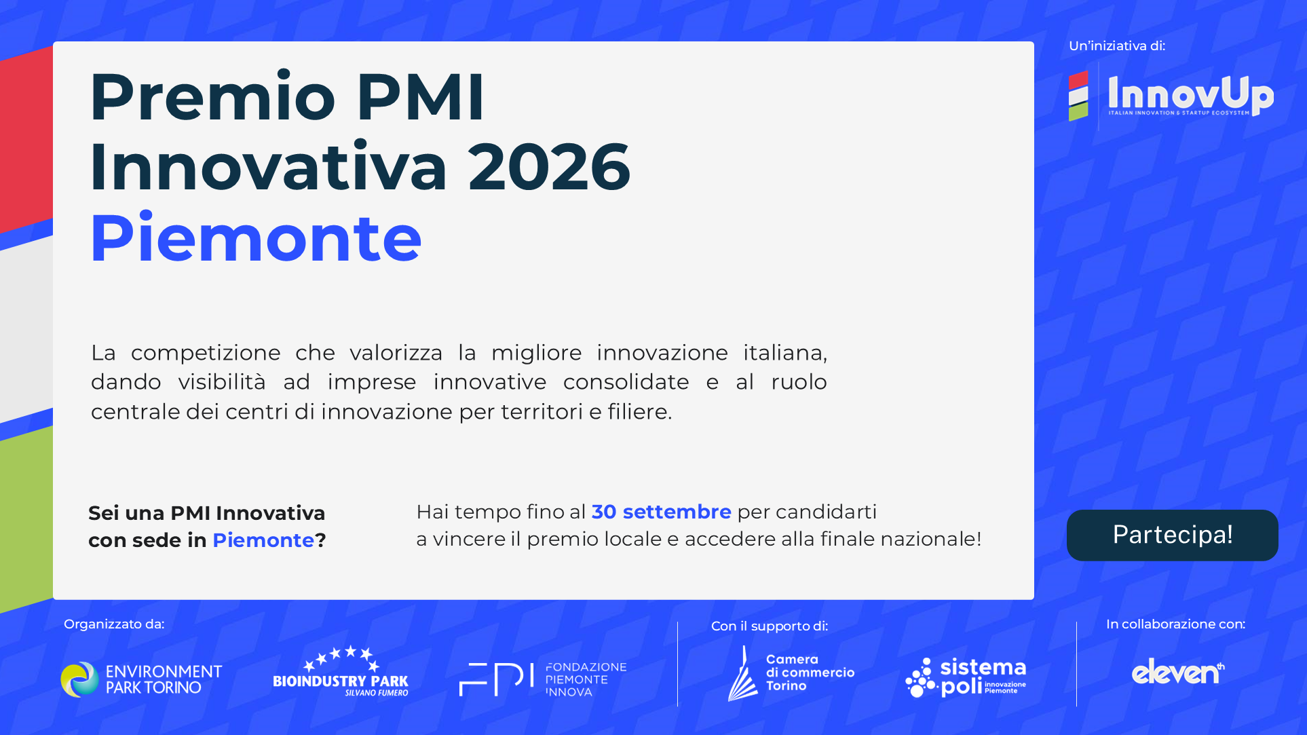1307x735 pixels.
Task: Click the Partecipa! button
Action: pos(1172,535)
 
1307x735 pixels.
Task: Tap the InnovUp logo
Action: pos(1171,96)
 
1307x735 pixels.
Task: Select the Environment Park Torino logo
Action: pos(141,679)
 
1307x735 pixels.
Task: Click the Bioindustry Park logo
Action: pos(341,671)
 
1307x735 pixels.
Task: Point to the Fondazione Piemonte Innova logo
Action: pos(543,679)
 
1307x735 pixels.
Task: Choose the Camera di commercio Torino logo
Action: pos(791,673)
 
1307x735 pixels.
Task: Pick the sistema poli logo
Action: pos(966,677)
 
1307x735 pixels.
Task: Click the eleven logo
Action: pos(1178,672)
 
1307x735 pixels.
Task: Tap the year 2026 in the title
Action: pos(550,167)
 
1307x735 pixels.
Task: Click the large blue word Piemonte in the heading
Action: pos(256,238)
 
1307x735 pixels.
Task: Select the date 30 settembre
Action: pos(661,512)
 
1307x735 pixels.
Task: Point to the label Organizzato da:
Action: pos(114,624)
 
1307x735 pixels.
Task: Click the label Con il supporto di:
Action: pos(770,626)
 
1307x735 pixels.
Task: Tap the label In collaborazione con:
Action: pos(1176,624)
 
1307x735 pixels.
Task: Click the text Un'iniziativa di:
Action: pos(1117,46)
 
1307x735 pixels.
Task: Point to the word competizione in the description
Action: pos(206,353)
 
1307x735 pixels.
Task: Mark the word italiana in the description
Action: pos(785,353)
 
